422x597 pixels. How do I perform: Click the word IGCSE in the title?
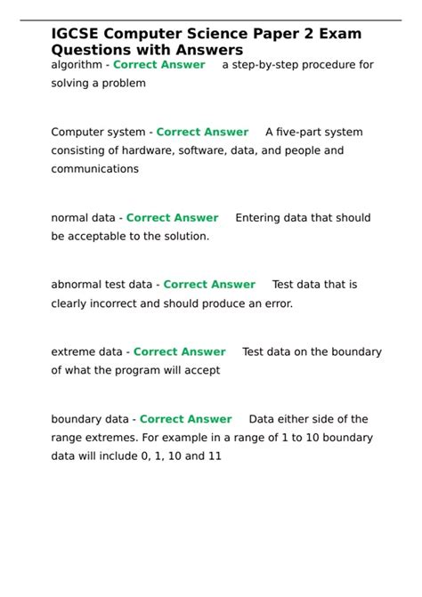pyautogui.click(x=76, y=34)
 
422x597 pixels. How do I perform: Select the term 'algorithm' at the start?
pyautogui.click(x=77, y=65)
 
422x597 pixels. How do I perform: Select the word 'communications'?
pyautogui.click(x=95, y=168)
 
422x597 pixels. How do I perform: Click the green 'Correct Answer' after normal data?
pyautogui.click(x=172, y=218)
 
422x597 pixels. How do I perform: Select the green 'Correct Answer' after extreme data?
pyautogui.click(x=179, y=351)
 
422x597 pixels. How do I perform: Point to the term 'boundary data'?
pyautogui.click(x=90, y=419)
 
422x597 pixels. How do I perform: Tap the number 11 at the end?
pyautogui.click(x=214, y=456)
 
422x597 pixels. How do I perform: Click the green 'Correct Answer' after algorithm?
pyautogui.click(x=159, y=65)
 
